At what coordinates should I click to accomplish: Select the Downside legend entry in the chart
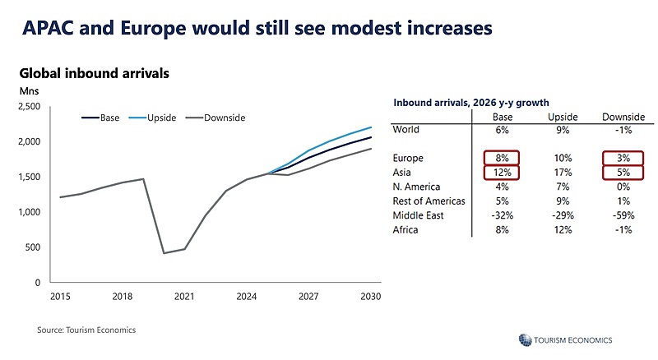pyautogui.click(x=215, y=118)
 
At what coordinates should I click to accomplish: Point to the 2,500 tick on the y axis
pyautogui.click(x=30, y=107)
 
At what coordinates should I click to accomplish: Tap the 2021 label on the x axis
pyautogui.click(x=184, y=297)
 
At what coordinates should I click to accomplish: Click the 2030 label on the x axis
pyautogui.click(x=371, y=297)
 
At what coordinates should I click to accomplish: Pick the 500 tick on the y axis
pyautogui.click(x=33, y=247)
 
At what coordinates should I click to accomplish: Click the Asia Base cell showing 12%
pyautogui.click(x=502, y=173)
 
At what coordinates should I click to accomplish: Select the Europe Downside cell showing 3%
pyautogui.click(x=623, y=158)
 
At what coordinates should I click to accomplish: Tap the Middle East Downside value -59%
pyautogui.click(x=623, y=215)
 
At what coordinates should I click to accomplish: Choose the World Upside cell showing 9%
pyautogui.click(x=563, y=130)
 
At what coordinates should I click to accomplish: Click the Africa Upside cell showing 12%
pyautogui.click(x=563, y=230)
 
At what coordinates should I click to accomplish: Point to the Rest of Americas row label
pyautogui.click(x=429, y=201)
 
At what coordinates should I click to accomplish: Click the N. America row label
pyautogui.click(x=416, y=187)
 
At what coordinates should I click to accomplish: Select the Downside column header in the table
pyautogui.click(x=623, y=117)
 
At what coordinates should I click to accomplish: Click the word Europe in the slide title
pyautogui.click(x=153, y=29)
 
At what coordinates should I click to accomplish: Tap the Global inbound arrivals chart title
pyautogui.click(x=95, y=73)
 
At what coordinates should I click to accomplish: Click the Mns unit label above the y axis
pyautogui.click(x=29, y=91)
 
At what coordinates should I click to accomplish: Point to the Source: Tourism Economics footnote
pyautogui.click(x=86, y=330)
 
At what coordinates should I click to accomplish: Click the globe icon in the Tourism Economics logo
pyautogui.click(x=525, y=339)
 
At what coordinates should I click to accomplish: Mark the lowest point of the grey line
pyautogui.click(x=164, y=253)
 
